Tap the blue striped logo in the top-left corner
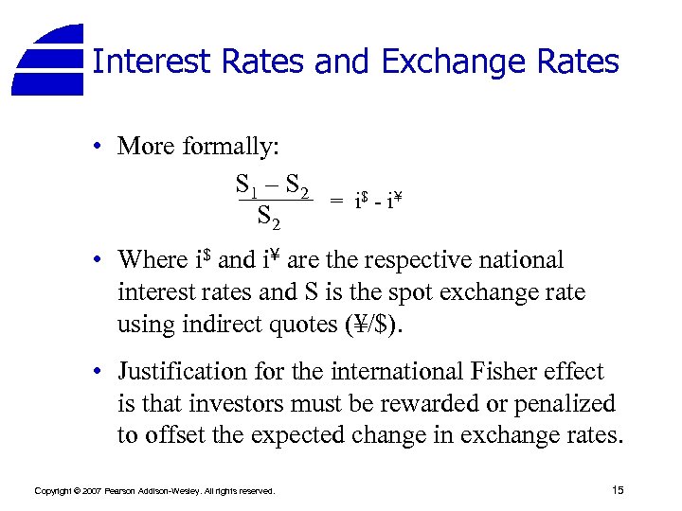(50, 59)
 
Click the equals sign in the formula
(336, 202)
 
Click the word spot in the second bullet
(434, 292)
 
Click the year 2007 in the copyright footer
(90, 491)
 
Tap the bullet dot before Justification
(99, 373)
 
